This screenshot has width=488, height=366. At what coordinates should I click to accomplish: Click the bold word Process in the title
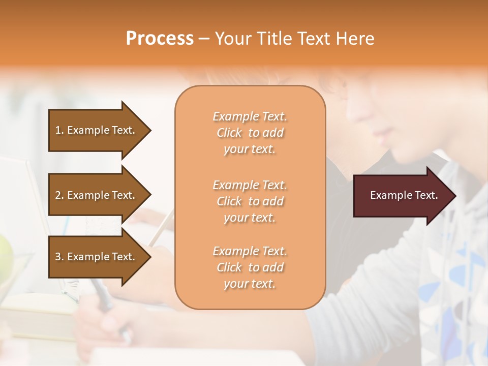coord(160,39)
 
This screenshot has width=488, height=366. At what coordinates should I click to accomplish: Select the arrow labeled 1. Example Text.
coord(97,130)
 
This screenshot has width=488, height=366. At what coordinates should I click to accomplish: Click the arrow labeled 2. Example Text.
coord(97,195)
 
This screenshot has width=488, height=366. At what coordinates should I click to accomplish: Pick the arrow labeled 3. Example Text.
coord(97,257)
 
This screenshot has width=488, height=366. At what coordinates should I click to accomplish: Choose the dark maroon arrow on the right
coord(402,196)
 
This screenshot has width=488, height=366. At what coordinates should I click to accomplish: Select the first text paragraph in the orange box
coord(250,133)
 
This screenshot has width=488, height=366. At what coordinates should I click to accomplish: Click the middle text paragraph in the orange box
coord(250,201)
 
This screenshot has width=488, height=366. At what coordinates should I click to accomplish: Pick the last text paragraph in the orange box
coord(250,267)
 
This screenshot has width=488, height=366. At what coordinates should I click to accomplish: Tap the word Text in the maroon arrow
coord(426,195)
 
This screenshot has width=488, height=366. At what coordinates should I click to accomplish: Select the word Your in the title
coord(231,39)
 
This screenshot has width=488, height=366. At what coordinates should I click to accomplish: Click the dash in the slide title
coord(204,39)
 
